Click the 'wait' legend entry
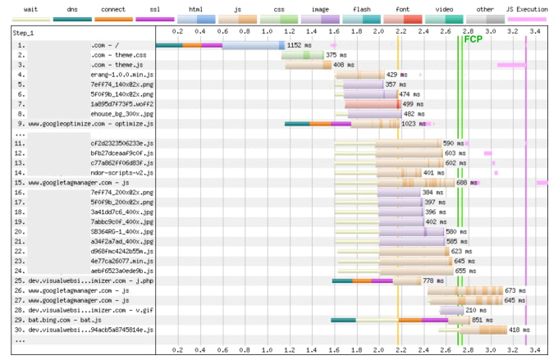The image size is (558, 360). click(x=30, y=8)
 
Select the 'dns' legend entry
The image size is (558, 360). click(x=72, y=8)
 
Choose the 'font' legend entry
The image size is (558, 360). click(x=403, y=8)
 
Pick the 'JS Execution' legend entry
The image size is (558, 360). click(x=527, y=8)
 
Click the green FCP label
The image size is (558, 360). click(x=473, y=39)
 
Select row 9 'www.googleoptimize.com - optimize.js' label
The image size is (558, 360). click(x=85, y=124)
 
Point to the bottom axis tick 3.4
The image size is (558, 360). click(x=533, y=350)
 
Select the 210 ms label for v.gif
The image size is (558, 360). click(x=476, y=310)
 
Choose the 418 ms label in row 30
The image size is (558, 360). click(x=519, y=330)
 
